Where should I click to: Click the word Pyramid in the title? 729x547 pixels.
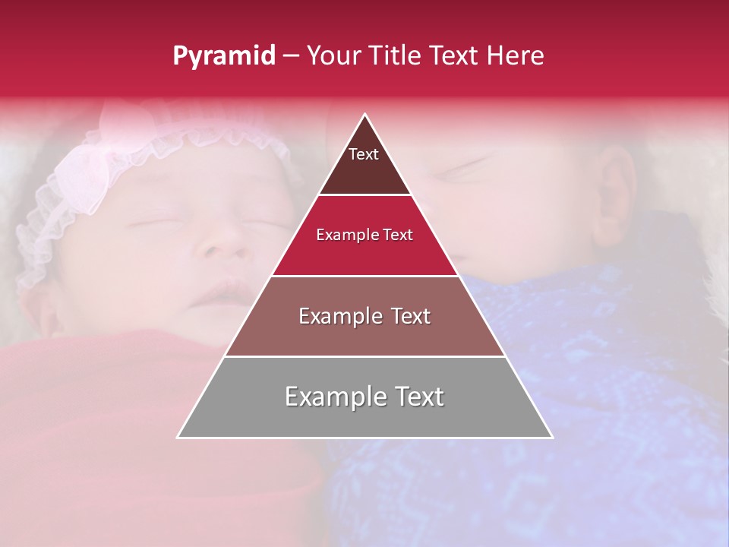[223, 56]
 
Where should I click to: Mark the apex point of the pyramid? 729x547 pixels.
[365, 115]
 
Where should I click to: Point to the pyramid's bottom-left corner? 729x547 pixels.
[178, 437]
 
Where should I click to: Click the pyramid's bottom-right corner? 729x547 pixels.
[551, 437]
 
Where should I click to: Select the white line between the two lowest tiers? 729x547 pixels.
[364, 356]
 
